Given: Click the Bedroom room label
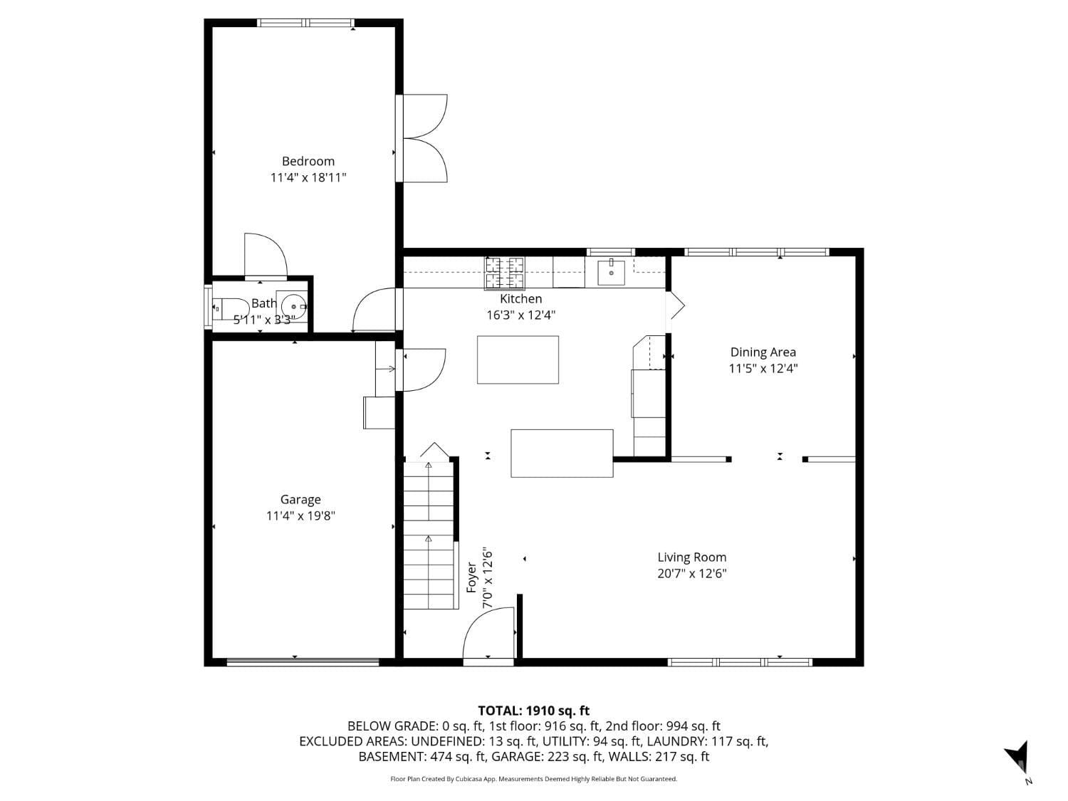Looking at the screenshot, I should tap(308, 162).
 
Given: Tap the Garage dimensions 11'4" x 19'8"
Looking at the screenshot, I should tap(300, 516).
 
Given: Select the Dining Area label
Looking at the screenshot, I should tap(763, 352).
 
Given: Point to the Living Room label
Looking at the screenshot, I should tap(691, 557).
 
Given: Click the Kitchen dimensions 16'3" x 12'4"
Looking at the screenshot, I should tap(520, 315).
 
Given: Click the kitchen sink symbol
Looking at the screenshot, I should tap(611, 272).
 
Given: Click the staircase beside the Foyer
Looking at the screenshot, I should tap(429, 534).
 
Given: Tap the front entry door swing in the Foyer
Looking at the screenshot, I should tap(488, 634).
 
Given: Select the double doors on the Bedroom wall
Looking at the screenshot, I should tap(424, 138).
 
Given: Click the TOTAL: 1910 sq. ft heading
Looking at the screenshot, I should tap(533, 711).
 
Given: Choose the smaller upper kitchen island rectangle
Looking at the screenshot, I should tap(518, 360).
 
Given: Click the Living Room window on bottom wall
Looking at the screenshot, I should tap(740, 662).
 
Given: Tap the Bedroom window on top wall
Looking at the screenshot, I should tap(306, 23).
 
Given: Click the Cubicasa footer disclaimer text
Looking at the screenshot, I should tap(533, 779).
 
